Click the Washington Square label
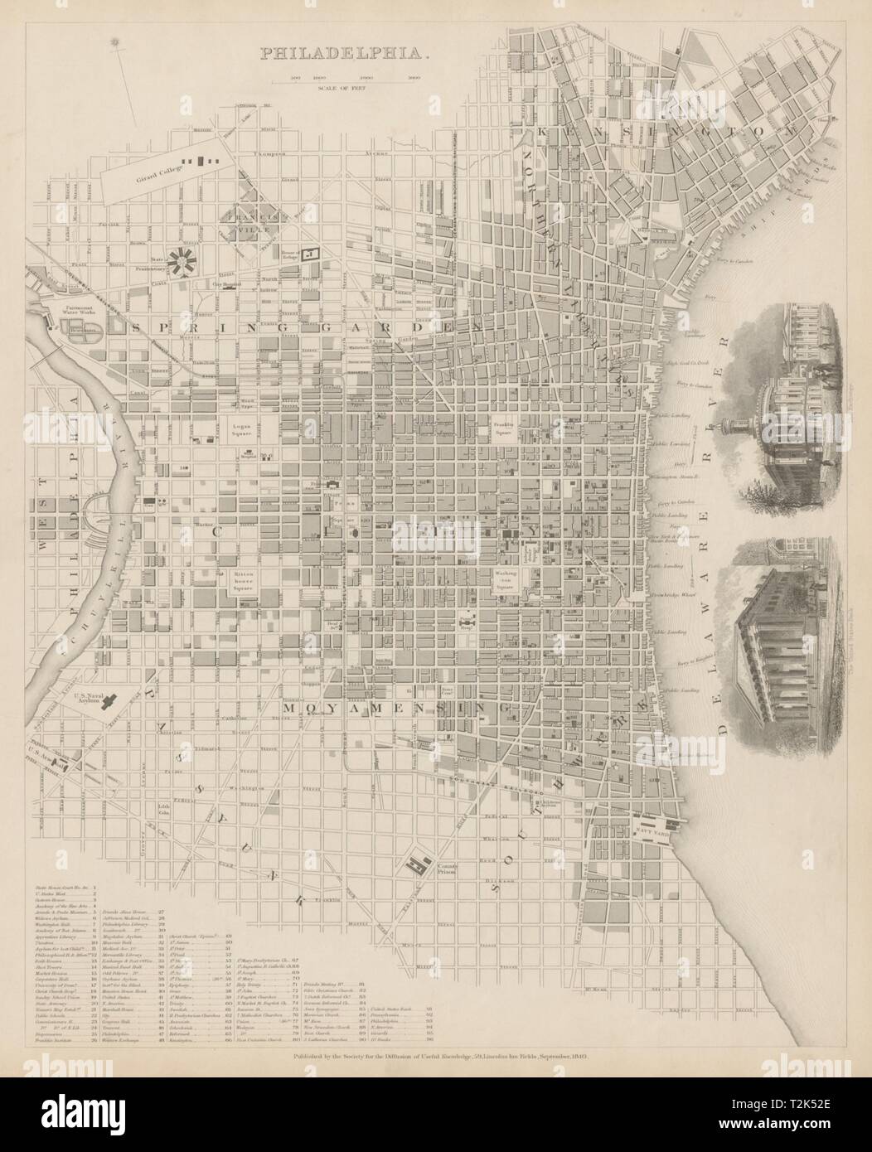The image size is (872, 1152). [506, 577]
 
